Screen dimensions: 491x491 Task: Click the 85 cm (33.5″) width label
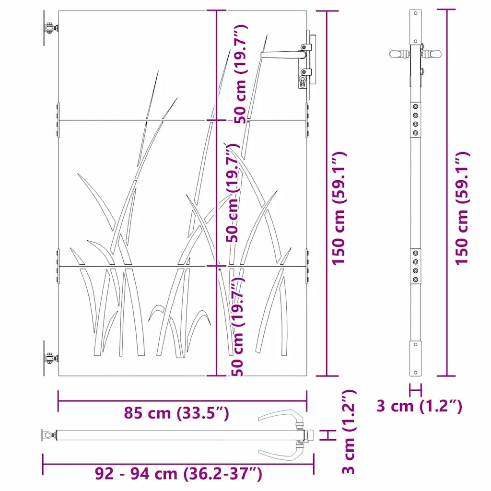(x=176, y=413)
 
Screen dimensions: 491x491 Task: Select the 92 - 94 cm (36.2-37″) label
(x=178, y=473)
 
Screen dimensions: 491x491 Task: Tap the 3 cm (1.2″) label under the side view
(x=419, y=406)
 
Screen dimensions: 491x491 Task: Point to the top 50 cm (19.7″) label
(x=241, y=74)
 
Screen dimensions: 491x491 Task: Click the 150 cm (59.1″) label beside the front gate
(x=339, y=209)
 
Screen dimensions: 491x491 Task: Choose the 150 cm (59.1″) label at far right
(x=462, y=209)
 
